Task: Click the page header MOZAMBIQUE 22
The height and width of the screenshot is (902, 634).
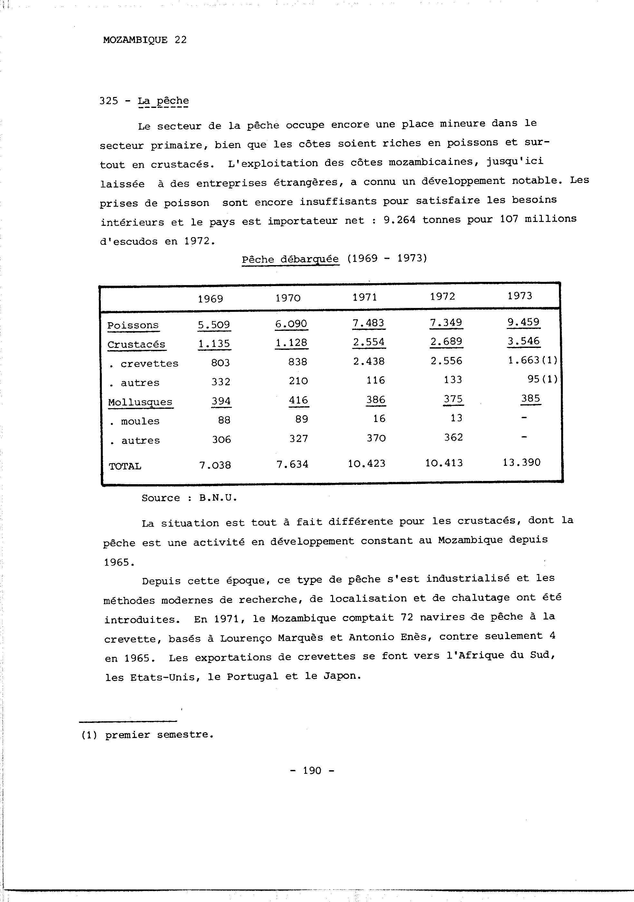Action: (x=145, y=40)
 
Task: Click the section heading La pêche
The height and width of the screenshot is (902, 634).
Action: (x=163, y=101)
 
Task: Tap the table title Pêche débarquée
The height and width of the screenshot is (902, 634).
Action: (x=290, y=259)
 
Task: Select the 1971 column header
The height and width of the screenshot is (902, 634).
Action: (x=365, y=297)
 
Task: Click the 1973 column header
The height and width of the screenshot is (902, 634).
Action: (x=519, y=295)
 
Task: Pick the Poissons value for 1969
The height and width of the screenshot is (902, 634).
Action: (x=214, y=325)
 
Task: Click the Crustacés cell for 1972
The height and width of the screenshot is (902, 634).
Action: (x=446, y=341)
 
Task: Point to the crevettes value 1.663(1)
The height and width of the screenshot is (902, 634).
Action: (x=532, y=360)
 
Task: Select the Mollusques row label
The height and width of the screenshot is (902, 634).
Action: (x=140, y=402)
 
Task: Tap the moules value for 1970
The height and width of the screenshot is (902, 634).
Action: (x=301, y=419)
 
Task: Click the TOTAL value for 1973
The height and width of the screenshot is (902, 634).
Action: (x=521, y=462)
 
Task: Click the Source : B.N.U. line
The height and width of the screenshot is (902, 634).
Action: (x=189, y=498)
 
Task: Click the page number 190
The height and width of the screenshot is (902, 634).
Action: (x=312, y=770)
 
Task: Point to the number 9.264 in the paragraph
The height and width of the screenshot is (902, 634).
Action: (x=399, y=220)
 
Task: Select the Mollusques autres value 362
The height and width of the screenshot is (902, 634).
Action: (x=453, y=437)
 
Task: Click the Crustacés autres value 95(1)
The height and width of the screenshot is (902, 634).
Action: (x=542, y=379)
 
